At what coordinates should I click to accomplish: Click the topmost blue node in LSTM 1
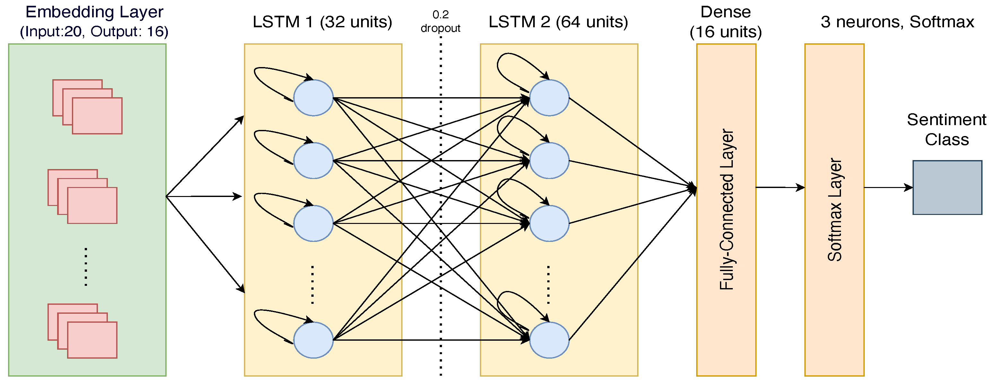click(313, 98)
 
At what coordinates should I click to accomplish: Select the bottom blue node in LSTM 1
click(313, 340)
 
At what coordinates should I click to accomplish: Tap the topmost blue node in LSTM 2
click(549, 98)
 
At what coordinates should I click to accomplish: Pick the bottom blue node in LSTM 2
click(549, 340)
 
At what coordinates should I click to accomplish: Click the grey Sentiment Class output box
click(947, 187)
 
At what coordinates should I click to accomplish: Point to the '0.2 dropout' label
click(440, 21)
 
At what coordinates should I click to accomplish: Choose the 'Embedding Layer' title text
click(94, 12)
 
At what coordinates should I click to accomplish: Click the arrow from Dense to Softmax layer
click(780, 187)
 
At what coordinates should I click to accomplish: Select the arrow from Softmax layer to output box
click(888, 187)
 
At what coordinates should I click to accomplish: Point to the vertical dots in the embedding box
click(86, 267)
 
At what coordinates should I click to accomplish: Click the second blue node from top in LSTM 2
click(549, 160)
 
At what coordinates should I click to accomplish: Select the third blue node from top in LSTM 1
click(313, 223)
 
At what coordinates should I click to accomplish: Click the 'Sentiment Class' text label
click(947, 129)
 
